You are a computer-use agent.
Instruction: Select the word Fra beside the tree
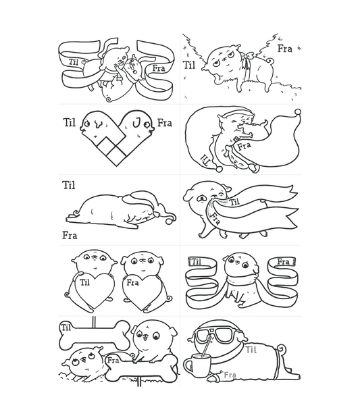click(284, 49)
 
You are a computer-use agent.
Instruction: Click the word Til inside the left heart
click(84, 282)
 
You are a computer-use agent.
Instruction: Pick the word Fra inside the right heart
click(132, 283)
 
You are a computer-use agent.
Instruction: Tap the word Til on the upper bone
click(66, 327)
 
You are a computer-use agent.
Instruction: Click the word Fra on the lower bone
click(113, 361)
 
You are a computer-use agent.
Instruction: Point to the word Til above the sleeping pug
click(69, 185)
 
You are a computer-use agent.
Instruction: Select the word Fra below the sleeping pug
click(70, 236)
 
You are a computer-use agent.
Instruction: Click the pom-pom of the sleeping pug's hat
click(170, 221)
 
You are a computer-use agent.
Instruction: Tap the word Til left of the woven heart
click(69, 122)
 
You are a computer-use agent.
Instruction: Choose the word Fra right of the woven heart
click(164, 123)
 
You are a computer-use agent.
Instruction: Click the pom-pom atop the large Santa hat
click(298, 111)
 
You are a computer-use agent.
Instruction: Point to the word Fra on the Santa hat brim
click(244, 146)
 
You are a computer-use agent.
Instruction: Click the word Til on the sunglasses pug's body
click(251, 350)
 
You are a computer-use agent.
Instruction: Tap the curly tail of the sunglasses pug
click(282, 348)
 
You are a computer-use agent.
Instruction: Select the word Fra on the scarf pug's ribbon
click(283, 261)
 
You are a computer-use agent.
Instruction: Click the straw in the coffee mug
click(207, 345)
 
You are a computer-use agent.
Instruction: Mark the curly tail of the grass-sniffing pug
click(270, 62)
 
